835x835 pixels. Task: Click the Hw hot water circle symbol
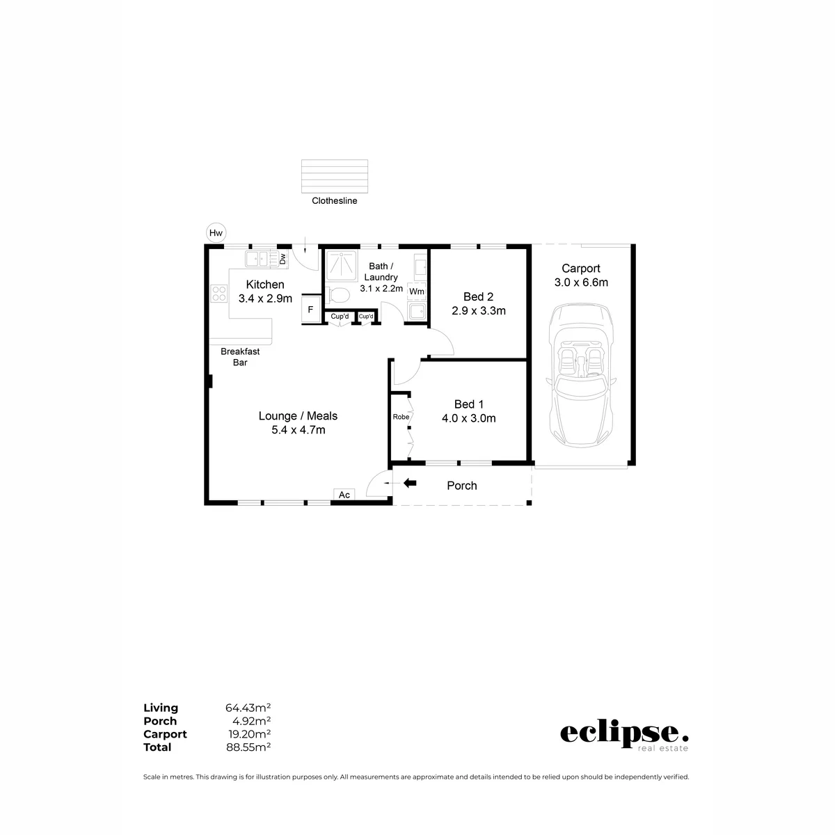(x=216, y=232)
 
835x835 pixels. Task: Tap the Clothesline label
(x=334, y=200)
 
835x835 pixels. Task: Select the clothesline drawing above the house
(x=335, y=176)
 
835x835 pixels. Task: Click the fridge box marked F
(x=310, y=310)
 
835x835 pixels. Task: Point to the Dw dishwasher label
(x=283, y=259)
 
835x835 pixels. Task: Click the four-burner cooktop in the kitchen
(x=218, y=293)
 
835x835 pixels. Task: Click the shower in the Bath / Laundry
(x=342, y=265)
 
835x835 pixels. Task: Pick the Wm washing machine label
(x=416, y=292)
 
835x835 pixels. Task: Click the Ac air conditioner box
(x=344, y=495)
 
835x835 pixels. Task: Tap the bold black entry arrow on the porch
(x=409, y=483)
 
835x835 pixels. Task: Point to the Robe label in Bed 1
(x=401, y=417)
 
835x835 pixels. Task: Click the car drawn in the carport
(x=580, y=375)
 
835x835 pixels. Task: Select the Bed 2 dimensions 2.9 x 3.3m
(x=478, y=310)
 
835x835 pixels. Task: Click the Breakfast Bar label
(x=240, y=357)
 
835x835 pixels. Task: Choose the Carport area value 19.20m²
(x=249, y=733)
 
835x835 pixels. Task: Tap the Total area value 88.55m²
(x=248, y=747)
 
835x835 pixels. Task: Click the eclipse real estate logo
(x=624, y=735)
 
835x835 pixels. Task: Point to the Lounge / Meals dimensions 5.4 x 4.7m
(x=298, y=430)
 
